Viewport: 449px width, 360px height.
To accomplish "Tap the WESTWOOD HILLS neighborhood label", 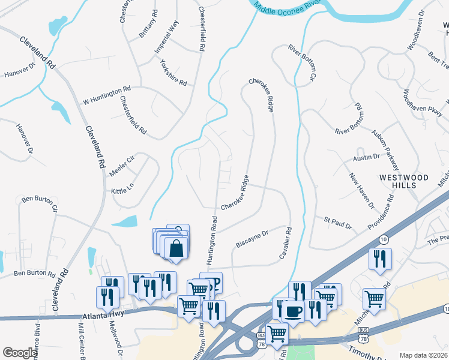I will [403, 181].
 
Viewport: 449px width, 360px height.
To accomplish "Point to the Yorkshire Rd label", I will [173, 71].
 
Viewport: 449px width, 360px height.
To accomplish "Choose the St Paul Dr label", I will [338, 224].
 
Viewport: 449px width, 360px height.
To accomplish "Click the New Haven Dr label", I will [362, 191].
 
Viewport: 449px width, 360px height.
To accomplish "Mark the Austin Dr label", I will [366, 157].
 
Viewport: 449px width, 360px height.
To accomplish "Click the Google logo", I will [19, 353].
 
